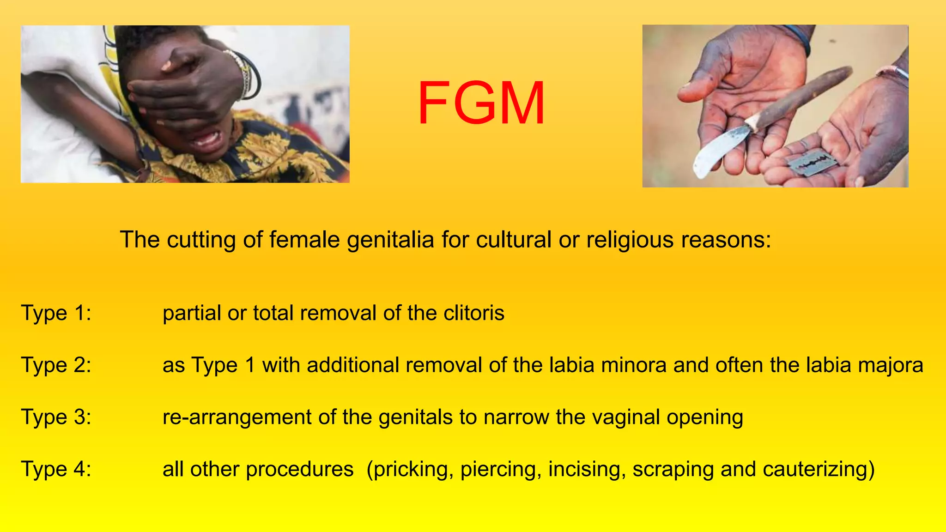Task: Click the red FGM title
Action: (481, 103)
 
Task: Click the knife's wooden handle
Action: (804, 95)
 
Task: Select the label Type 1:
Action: (56, 313)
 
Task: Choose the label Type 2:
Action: (56, 365)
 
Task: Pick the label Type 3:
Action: (56, 417)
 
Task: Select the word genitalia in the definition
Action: (390, 240)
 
